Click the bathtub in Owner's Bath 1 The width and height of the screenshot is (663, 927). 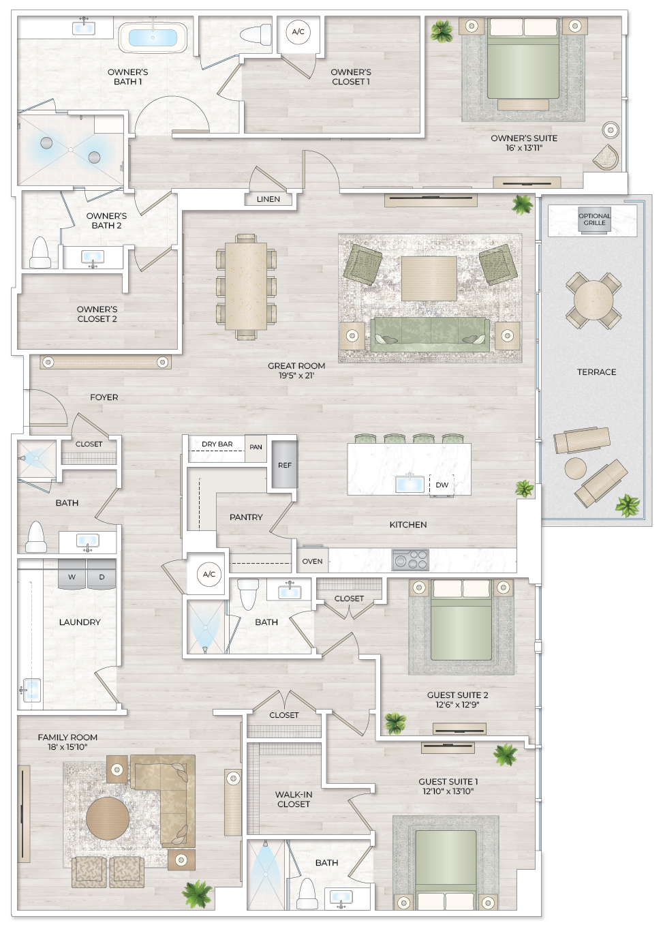tap(153, 37)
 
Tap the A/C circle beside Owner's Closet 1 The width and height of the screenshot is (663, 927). tap(298, 32)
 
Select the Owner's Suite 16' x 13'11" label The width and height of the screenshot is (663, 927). tap(523, 142)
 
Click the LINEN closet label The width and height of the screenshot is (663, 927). tap(268, 199)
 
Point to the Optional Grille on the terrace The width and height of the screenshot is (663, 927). tap(594, 219)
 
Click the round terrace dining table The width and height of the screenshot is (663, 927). tap(593, 300)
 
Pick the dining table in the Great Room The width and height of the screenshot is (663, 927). tap(246, 286)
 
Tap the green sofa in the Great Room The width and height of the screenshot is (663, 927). tap(429, 333)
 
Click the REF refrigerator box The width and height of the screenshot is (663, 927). tap(284, 465)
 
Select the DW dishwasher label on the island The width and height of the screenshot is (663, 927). tap(442, 485)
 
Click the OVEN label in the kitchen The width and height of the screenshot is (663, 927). tap(312, 561)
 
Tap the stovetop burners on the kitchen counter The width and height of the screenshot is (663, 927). tap(410, 560)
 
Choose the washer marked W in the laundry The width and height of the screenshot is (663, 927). tap(72, 576)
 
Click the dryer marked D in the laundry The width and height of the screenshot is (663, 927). tap(102, 576)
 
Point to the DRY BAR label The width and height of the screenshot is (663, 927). tap(217, 444)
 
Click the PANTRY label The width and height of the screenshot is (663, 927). tap(246, 517)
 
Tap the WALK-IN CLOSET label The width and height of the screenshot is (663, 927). tap(294, 799)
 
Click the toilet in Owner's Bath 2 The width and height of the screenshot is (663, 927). tap(40, 254)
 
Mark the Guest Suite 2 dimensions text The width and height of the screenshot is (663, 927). tap(457, 705)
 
